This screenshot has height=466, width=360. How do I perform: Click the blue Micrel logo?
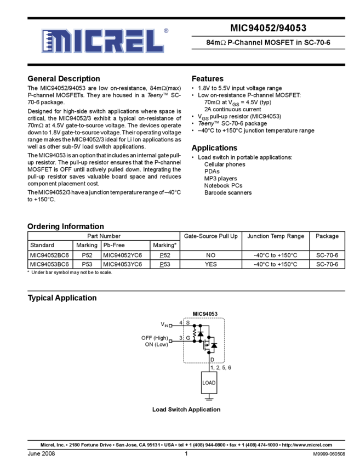click(x=102, y=41)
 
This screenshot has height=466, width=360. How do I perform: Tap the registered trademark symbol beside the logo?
click(x=166, y=31)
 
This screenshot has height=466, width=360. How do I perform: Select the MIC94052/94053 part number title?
click(x=268, y=29)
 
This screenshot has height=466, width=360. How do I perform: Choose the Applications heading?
click(x=215, y=148)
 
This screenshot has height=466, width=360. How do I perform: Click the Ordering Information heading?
click(x=66, y=226)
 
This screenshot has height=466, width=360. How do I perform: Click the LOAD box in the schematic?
click(x=209, y=383)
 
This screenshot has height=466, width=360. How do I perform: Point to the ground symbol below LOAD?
click(x=209, y=400)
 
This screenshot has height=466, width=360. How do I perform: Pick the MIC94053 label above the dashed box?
click(x=205, y=314)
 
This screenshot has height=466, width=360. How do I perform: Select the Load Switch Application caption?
click(x=188, y=409)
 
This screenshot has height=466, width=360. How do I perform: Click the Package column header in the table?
click(x=328, y=236)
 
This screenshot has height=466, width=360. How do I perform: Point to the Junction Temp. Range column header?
click(x=276, y=236)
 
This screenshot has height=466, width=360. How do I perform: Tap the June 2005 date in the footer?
click(x=41, y=454)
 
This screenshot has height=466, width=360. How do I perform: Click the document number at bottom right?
click(x=329, y=454)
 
